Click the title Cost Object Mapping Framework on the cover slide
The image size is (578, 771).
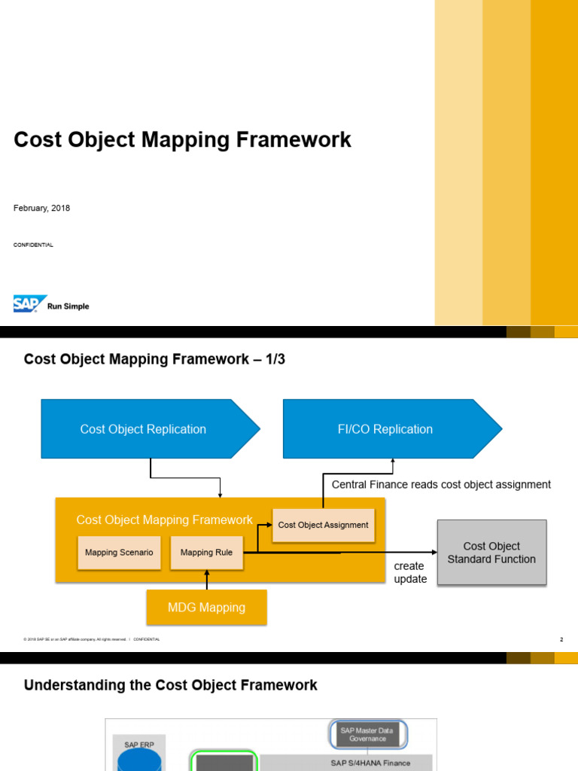(x=182, y=140)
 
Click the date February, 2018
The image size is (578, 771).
(x=42, y=208)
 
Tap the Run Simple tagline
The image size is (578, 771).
(x=68, y=306)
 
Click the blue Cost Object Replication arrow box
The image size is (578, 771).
(x=143, y=429)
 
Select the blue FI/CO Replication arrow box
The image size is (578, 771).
(x=385, y=429)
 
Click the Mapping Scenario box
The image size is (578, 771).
(x=119, y=553)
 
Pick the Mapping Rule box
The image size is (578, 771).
(x=206, y=553)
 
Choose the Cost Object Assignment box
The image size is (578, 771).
(x=323, y=525)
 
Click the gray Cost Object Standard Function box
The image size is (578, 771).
(x=491, y=553)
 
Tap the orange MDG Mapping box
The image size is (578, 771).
(x=206, y=607)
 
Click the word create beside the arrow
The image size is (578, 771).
(x=409, y=566)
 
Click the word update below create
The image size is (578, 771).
(x=410, y=579)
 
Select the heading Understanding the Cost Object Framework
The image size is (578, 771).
(x=171, y=685)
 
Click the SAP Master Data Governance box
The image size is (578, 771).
(x=368, y=734)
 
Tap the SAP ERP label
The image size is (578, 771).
(x=138, y=745)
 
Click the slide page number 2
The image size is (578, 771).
(x=561, y=639)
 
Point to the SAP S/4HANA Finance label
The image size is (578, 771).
(x=370, y=763)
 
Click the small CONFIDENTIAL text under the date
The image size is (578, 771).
(x=33, y=245)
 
